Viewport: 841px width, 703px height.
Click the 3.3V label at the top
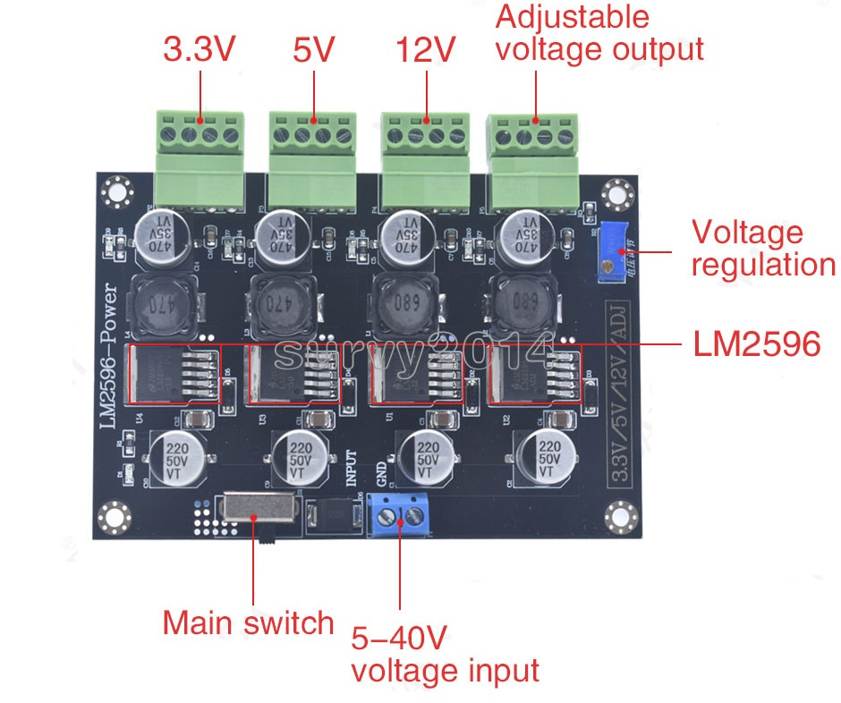pos(199,49)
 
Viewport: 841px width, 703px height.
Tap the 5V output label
pos(313,49)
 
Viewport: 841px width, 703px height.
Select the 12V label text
pos(426,49)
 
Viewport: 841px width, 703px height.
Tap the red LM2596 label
pos(756,343)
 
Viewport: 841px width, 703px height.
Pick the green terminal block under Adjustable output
pos(535,162)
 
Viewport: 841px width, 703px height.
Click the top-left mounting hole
pos(115,191)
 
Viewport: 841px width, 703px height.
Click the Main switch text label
pos(248,623)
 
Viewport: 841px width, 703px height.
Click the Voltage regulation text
pos(762,249)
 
